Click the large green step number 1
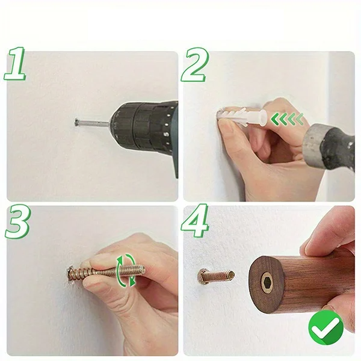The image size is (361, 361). (x=14, y=64)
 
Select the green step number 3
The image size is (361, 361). (x=17, y=222)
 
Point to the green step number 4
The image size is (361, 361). (x=195, y=220)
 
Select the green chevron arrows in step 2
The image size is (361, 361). (x=287, y=119)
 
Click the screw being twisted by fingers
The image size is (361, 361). (x=106, y=272)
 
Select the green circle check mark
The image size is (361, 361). (x=326, y=327)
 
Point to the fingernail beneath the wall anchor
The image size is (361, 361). (x=227, y=126)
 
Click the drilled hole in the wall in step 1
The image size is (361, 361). (x=76, y=122)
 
